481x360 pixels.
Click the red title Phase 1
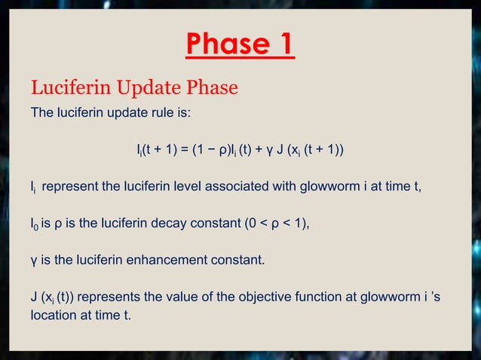pos(240,46)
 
